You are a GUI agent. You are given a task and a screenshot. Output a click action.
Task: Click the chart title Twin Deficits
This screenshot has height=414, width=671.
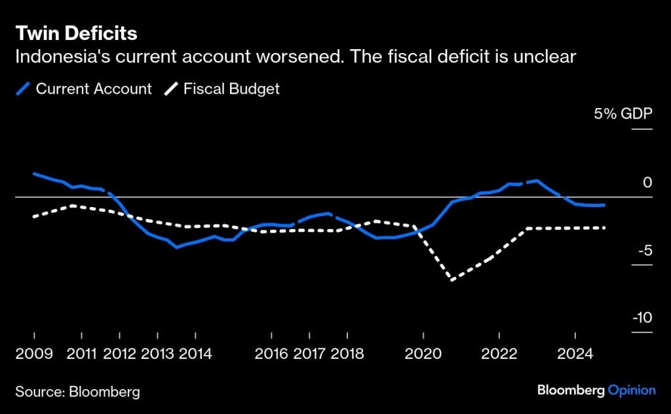(x=76, y=33)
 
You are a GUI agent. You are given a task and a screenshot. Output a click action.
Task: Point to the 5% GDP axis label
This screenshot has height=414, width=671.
(x=623, y=114)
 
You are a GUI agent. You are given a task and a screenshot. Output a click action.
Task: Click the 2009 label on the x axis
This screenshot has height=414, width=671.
(x=34, y=354)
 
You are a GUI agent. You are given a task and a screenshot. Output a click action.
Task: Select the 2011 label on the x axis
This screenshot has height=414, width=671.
(x=81, y=354)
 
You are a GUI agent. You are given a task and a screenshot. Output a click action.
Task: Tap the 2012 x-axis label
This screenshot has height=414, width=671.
(x=119, y=354)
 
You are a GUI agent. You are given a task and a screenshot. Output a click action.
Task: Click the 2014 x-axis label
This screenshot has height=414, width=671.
(x=195, y=354)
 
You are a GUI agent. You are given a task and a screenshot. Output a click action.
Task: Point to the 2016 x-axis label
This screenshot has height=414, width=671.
(x=271, y=354)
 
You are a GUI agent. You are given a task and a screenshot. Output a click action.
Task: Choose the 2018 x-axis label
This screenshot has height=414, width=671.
(x=347, y=354)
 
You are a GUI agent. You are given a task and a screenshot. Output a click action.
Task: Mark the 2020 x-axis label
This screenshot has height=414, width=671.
(x=423, y=354)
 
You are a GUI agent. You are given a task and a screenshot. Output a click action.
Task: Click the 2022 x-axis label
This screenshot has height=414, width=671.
(x=499, y=354)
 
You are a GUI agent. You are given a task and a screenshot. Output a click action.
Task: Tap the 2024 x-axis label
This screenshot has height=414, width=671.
(x=575, y=354)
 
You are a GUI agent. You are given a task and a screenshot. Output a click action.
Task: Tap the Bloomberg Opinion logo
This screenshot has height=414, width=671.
(x=596, y=390)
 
